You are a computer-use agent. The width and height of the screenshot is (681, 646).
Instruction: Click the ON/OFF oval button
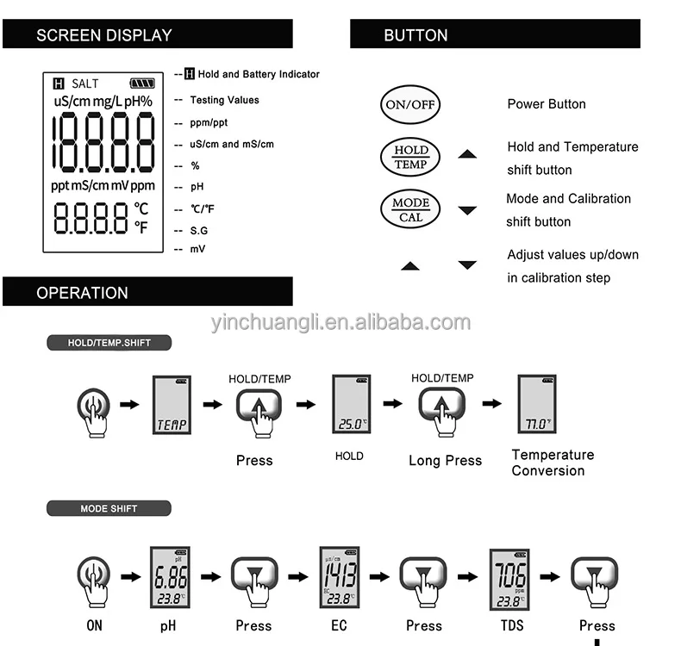pos(410,105)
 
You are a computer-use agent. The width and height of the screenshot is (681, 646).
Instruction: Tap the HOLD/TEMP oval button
pos(410,157)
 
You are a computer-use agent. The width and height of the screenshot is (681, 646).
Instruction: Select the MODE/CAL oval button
pos(410,209)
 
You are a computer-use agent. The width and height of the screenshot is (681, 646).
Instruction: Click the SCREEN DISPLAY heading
pos(104,35)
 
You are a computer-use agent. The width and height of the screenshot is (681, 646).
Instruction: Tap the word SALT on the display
pos(85,84)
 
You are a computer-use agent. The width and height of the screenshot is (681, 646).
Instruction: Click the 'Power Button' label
pos(546,104)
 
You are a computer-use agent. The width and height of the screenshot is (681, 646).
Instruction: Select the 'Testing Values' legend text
pos(224,100)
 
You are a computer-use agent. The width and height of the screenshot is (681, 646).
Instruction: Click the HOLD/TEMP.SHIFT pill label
pos(109,343)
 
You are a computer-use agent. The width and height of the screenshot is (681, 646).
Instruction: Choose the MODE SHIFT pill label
pos(109,508)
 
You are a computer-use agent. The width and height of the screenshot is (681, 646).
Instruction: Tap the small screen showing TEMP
pos(172,405)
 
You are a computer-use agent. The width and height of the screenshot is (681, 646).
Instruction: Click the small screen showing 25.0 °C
pos(351,405)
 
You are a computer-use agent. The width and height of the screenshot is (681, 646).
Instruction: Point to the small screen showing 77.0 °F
pos(536,405)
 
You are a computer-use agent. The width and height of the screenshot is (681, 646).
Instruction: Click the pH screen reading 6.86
pos(170,576)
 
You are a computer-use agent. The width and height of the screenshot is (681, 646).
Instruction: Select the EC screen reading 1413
pos(339,576)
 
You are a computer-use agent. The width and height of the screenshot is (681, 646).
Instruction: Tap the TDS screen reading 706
pos(509,576)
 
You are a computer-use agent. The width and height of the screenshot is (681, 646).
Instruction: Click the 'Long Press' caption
pos(445,461)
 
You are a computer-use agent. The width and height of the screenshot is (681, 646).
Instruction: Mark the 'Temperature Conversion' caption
pos(553,463)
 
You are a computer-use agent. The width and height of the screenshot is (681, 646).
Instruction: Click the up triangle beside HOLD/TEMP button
pos(467,154)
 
